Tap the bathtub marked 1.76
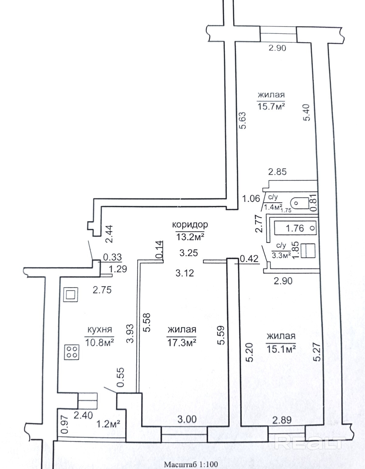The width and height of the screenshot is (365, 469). (x=295, y=228)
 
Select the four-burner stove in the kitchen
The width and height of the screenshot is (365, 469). (x=71, y=352)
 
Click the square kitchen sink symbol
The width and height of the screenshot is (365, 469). (x=71, y=295)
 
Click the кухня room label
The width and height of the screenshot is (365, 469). (x=100, y=330)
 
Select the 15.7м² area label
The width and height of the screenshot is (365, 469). (x=271, y=107)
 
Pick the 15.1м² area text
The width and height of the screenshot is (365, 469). (x=281, y=349)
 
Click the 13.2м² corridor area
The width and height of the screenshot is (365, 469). (x=190, y=237)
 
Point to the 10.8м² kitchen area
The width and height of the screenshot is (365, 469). (x=100, y=342)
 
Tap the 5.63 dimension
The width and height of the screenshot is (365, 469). (x=243, y=120)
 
